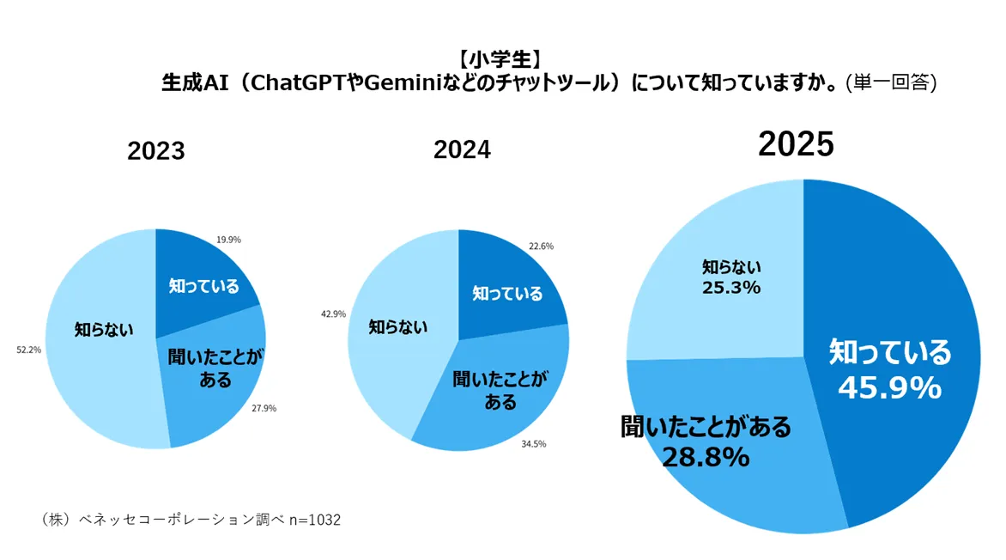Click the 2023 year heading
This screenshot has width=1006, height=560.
point(156,152)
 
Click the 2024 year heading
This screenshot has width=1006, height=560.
point(462,150)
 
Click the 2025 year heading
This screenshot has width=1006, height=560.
point(796,145)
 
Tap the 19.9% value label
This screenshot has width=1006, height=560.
point(229,240)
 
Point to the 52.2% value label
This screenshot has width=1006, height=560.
point(28,350)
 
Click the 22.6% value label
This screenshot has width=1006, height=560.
point(541,246)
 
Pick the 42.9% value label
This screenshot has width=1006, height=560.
point(333,314)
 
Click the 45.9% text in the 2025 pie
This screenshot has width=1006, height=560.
point(889,389)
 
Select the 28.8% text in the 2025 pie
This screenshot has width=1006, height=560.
point(705,458)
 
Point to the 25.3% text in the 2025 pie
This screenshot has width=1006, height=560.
point(731,288)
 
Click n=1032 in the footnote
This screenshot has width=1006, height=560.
point(314,520)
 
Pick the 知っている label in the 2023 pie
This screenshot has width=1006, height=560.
point(203,286)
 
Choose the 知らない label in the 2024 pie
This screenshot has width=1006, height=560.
point(397,327)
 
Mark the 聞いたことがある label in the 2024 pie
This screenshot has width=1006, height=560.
point(499,390)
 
